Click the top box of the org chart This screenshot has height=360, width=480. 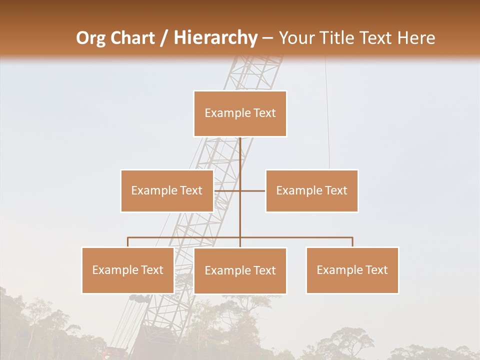tap(240, 113)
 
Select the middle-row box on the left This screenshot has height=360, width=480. tap(167, 190)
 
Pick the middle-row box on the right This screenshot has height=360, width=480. tap(312, 190)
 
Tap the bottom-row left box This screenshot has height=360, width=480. tap(128, 270)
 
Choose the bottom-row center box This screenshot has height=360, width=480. tap(240, 270)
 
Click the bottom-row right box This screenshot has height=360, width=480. tap(352, 270)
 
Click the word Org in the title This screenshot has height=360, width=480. tap(90, 38)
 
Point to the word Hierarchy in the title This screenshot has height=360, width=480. tap(215, 38)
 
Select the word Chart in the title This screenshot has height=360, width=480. tap(132, 38)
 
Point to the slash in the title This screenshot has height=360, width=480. tap(164, 38)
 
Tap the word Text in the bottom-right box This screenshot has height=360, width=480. tap(376, 270)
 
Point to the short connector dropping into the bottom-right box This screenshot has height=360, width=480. tap(352, 242)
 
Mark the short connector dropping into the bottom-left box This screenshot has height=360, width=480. tap(128, 242)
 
